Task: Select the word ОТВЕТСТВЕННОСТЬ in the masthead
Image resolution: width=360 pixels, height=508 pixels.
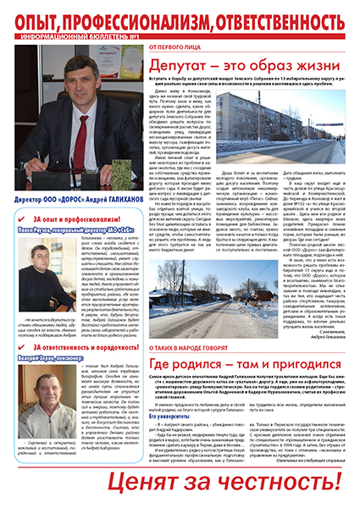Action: [285, 19]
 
